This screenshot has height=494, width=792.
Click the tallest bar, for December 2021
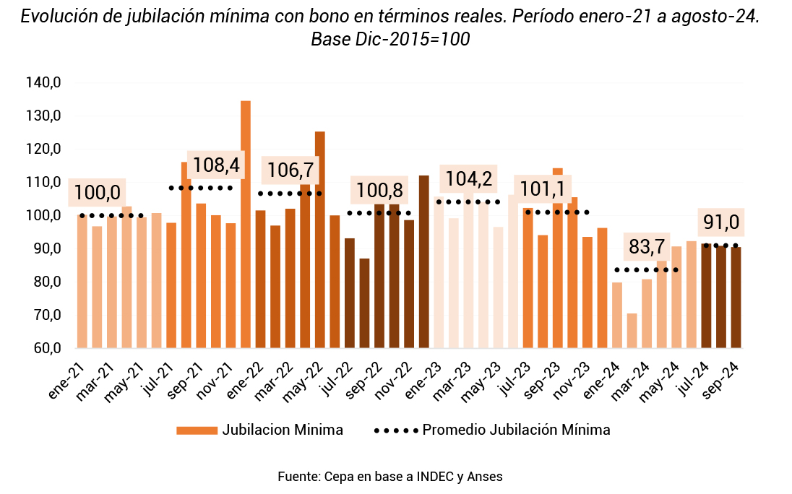click(x=246, y=224)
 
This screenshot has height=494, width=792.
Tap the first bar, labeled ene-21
click(x=82, y=282)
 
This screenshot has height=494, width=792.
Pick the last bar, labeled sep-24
click(x=736, y=298)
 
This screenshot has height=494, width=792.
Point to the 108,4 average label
click(x=216, y=165)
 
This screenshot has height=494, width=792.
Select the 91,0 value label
click(x=722, y=222)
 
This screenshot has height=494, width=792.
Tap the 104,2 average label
click(x=469, y=178)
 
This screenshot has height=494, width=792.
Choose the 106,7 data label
click(x=290, y=170)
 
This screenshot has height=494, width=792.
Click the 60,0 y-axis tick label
click(x=46, y=348)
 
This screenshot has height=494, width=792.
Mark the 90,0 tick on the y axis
click(x=46, y=248)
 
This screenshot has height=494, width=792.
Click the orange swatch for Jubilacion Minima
click(x=197, y=430)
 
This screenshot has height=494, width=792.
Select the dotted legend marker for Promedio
click(x=396, y=430)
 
